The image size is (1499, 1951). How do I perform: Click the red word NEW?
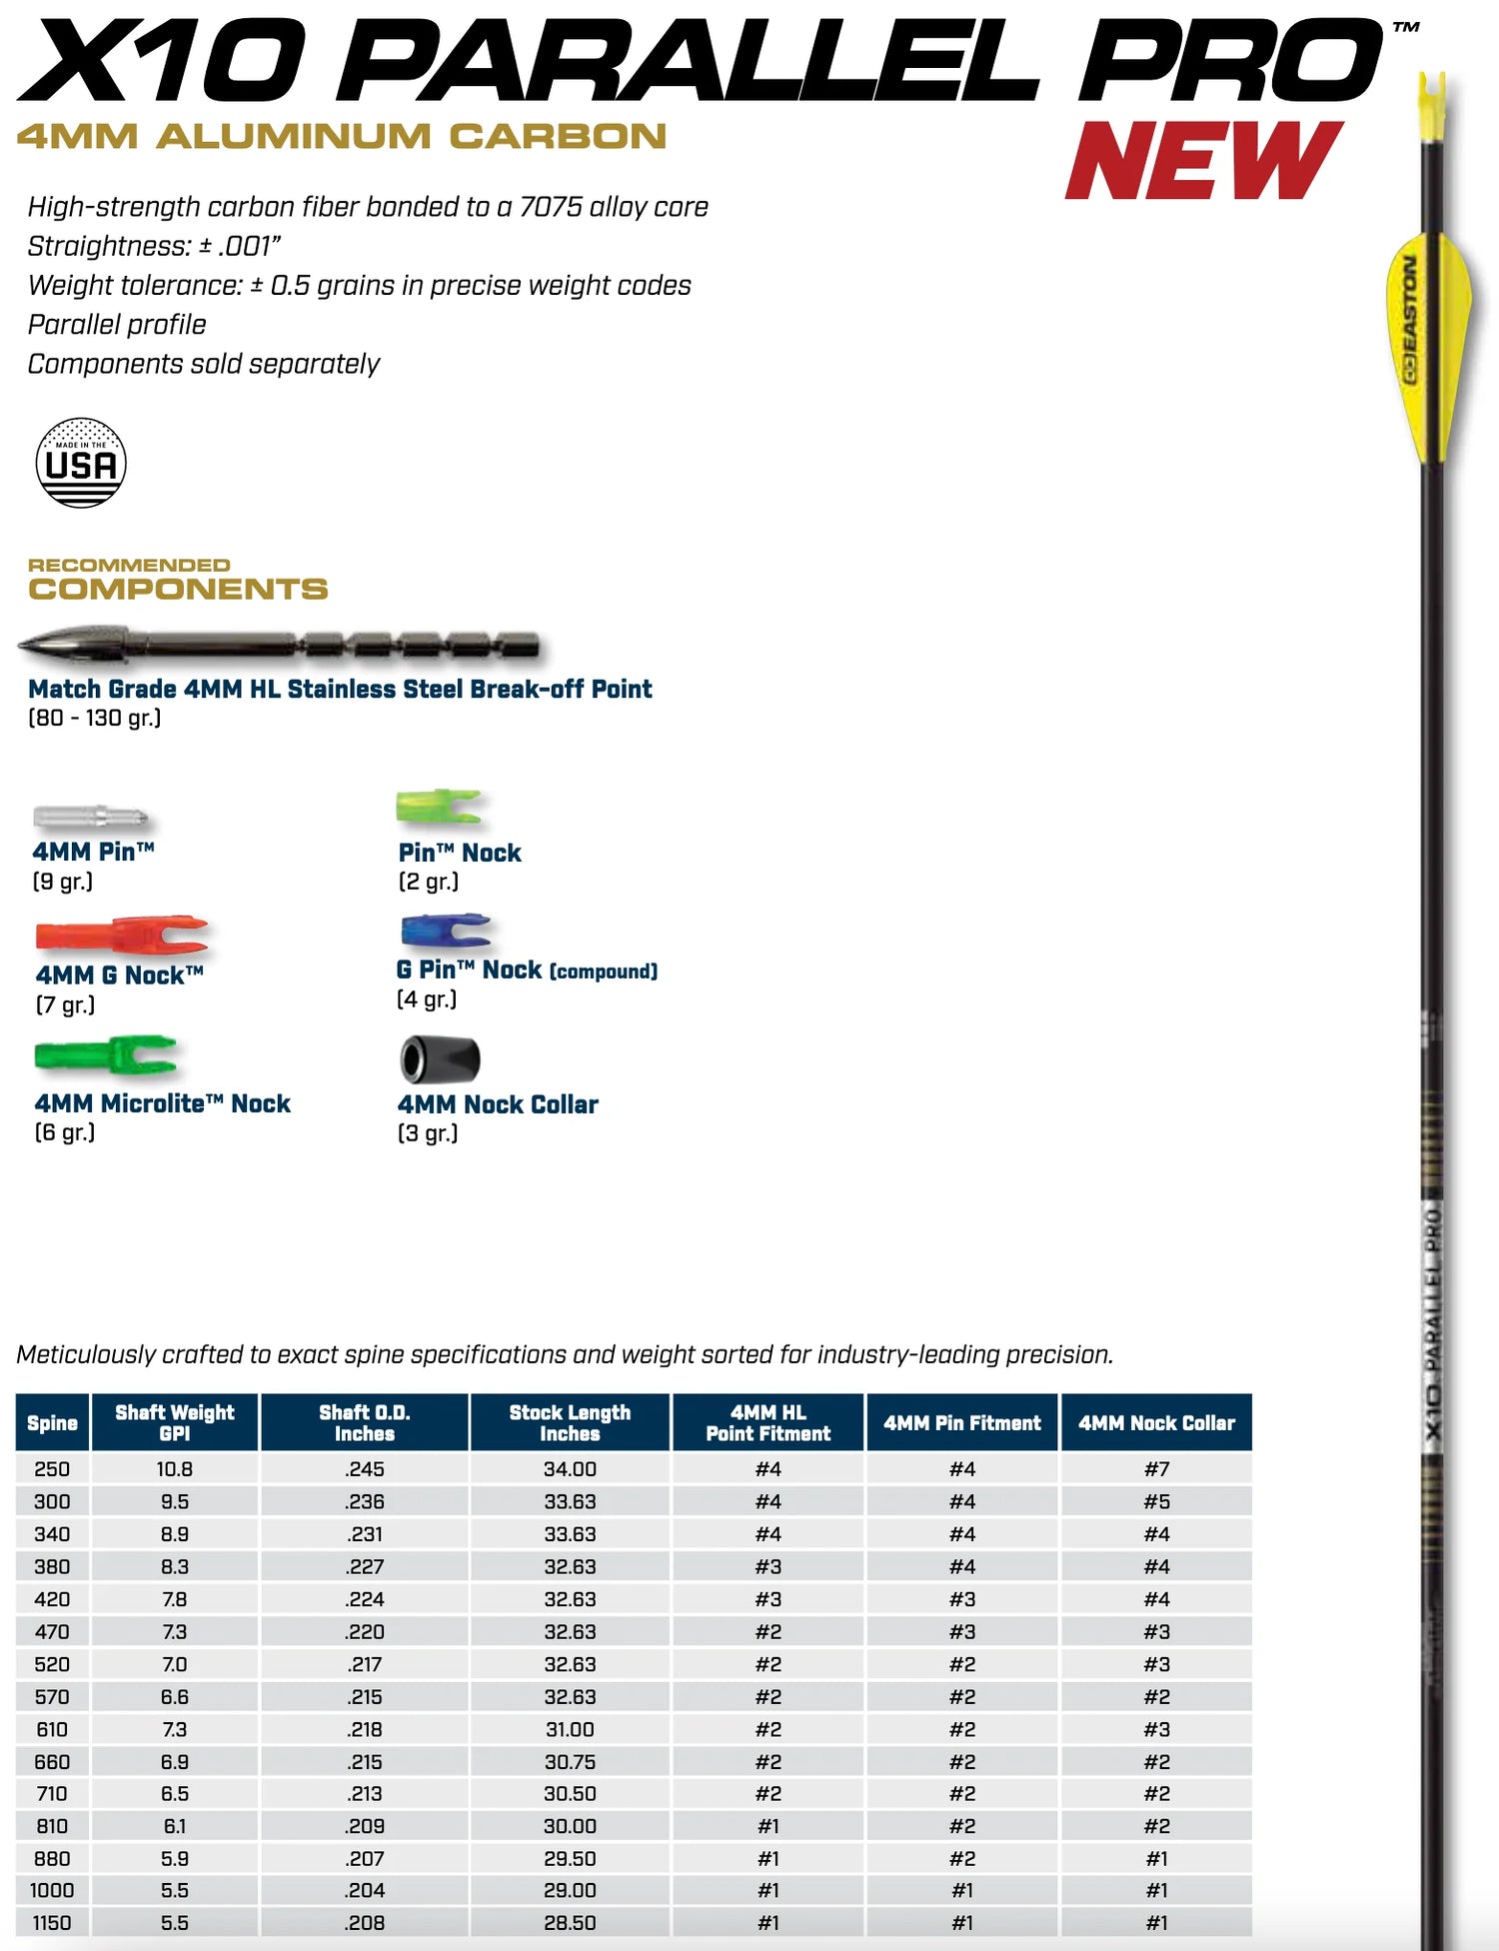[1203, 161]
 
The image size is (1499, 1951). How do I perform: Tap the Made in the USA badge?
[81, 463]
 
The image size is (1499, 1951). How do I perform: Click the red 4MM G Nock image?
[121, 935]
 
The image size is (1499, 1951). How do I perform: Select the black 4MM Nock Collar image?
[440, 1059]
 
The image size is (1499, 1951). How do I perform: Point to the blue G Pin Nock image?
[445, 931]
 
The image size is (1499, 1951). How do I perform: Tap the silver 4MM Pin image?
[90, 817]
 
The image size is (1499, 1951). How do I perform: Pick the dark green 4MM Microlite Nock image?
[106, 1055]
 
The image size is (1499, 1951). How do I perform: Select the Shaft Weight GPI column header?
[175, 1422]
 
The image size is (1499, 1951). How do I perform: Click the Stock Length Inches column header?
[570, 1422]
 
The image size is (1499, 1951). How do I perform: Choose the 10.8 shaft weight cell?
[175, 1469]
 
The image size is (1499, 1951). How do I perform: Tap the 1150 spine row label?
[52, 1922]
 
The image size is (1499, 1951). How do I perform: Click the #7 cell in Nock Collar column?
[1156, 1469]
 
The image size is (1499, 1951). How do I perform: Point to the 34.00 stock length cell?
[570, 1469]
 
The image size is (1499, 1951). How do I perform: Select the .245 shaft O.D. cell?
[365, 1469]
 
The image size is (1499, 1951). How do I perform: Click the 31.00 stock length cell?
[570, 1729]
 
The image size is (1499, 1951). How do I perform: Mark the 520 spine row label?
[52, 1664]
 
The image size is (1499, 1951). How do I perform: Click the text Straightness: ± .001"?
[154, 246]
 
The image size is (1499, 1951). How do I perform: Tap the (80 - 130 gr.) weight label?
[95, 718]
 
